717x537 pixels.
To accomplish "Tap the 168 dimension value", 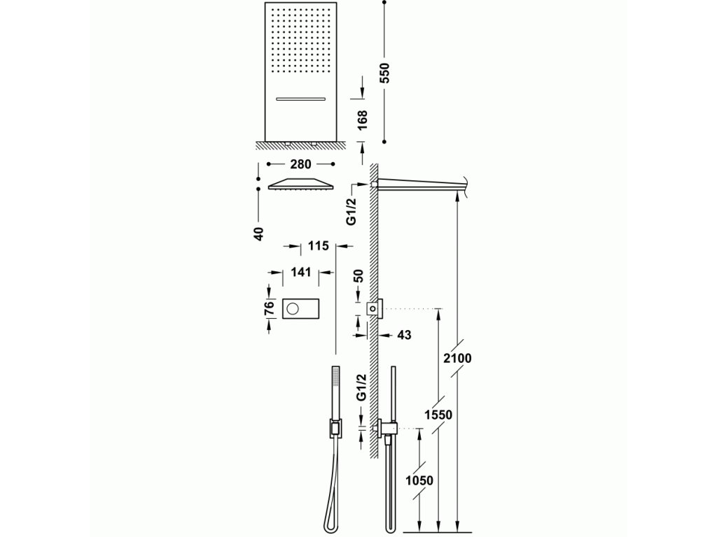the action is tap(362, 120).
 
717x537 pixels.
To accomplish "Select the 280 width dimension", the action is tap(300, 164).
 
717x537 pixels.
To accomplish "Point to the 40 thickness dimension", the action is tap(259, 234).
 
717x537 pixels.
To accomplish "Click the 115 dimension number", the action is tap(318, 246).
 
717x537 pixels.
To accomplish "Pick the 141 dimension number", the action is tap(300, 272).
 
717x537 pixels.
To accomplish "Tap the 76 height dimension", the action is tap(269, 308).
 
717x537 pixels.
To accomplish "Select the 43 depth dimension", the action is tap(404, 335).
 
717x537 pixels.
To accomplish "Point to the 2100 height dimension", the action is tap(457, 358).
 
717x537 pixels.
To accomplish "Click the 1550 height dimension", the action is tap(438, 415).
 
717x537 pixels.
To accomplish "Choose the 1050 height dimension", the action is tap(419, 480).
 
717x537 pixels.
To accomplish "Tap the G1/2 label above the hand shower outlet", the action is tap(361, 387).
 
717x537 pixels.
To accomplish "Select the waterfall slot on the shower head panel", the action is tap(300, 98).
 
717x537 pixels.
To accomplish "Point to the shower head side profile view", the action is tap(300, 184).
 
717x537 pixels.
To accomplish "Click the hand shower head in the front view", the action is tap(336, 380).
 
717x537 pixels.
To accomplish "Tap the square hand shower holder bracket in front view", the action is tap(336, 429).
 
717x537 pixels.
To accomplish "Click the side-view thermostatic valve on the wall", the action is tap(375, 308).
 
